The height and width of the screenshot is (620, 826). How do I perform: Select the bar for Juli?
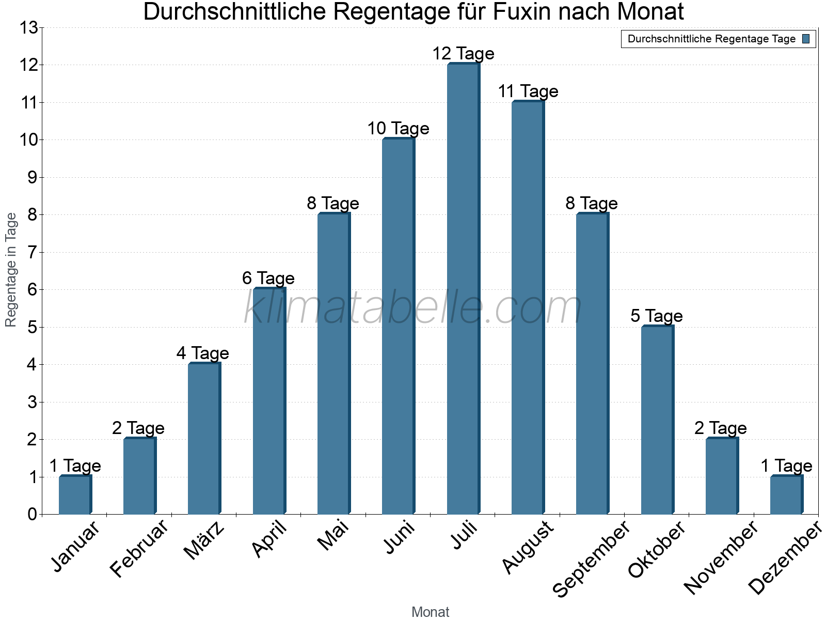coord(463,289)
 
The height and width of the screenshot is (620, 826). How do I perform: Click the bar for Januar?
coord(75,495)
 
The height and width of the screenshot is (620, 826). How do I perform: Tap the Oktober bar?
coord(657,420)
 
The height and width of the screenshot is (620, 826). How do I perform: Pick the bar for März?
coord(204,439)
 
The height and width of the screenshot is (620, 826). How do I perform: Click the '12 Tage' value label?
coord(463,53)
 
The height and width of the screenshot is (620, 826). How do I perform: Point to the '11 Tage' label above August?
coord(528,91)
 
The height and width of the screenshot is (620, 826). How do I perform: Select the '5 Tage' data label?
coord(656,316)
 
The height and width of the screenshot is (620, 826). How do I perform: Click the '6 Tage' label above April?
coord(268,278)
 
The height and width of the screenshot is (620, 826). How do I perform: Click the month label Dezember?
coord(785,558)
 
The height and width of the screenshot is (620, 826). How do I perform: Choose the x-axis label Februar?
coord(139,548)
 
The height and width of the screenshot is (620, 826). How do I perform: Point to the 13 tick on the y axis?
coord(29,28)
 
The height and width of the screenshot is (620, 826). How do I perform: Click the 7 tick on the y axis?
coord(33,253)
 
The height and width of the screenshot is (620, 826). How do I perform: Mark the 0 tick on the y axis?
coord(33,515)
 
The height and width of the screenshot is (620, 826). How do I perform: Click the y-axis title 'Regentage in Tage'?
coord(11,270)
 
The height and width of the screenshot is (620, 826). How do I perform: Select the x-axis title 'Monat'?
coord(430,612)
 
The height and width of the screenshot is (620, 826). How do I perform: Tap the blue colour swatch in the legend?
coord(806,39)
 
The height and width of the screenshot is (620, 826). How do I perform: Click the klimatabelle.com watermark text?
coord(413,308)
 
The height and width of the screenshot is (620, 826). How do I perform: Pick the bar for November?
coord(721,476)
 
